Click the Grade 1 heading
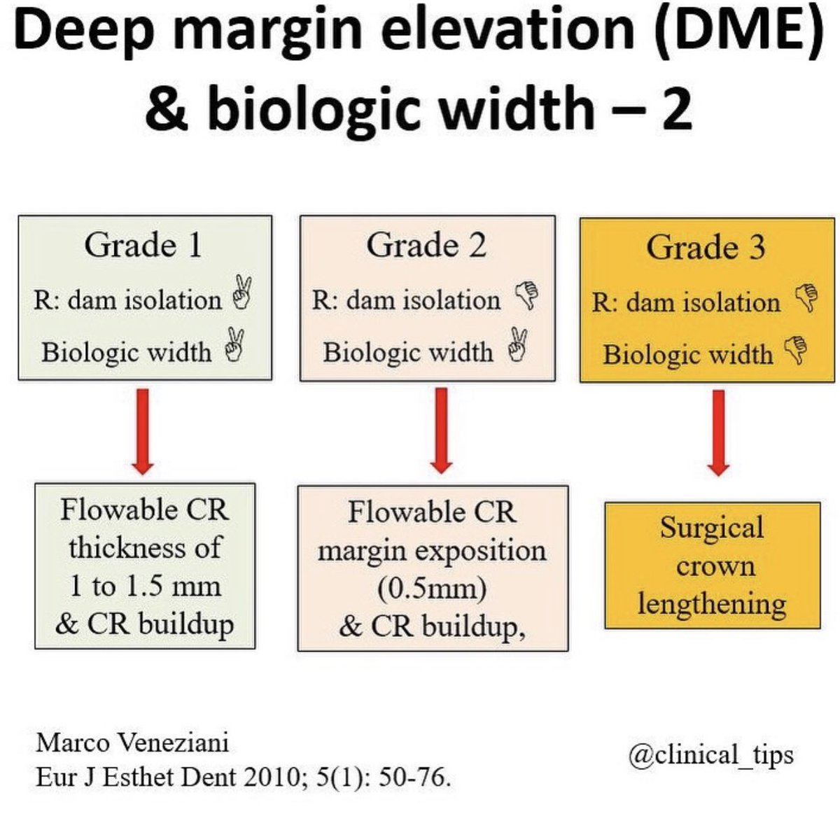[x=143, y=245]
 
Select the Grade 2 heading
[x=426, y=245]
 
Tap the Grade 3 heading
[x=706, y=247]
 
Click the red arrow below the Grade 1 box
[x=143, y=430]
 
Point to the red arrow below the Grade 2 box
[x=441, y=430]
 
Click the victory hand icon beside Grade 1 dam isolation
[x=243, y=294]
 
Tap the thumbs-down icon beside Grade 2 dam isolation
[x=526, y=295]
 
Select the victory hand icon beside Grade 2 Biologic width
[x=519, y=345]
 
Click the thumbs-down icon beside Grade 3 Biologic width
[x=796, y=349]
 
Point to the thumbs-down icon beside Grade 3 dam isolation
[x=806, y=297]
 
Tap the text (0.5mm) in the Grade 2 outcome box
[x=431, y=588]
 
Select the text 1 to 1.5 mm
[x=144, y=585]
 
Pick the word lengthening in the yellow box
[x=711, y=603]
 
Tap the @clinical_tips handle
[x=710, y=754]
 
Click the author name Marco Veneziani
[x=132, y=742]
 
